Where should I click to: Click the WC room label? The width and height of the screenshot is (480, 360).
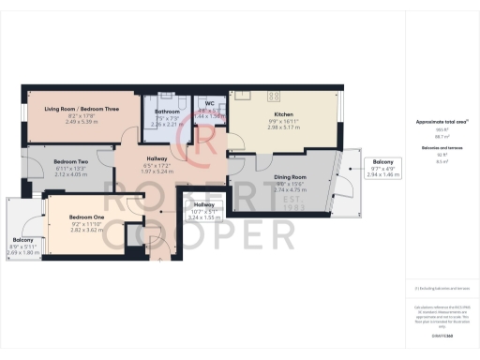point(210,105)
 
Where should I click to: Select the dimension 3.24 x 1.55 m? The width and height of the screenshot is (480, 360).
point(204,217)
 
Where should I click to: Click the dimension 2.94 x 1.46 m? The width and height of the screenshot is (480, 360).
point(383,175)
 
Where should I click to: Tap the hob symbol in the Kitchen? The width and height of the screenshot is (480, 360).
point(277,96)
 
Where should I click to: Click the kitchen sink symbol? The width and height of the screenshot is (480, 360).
point(246,95)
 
